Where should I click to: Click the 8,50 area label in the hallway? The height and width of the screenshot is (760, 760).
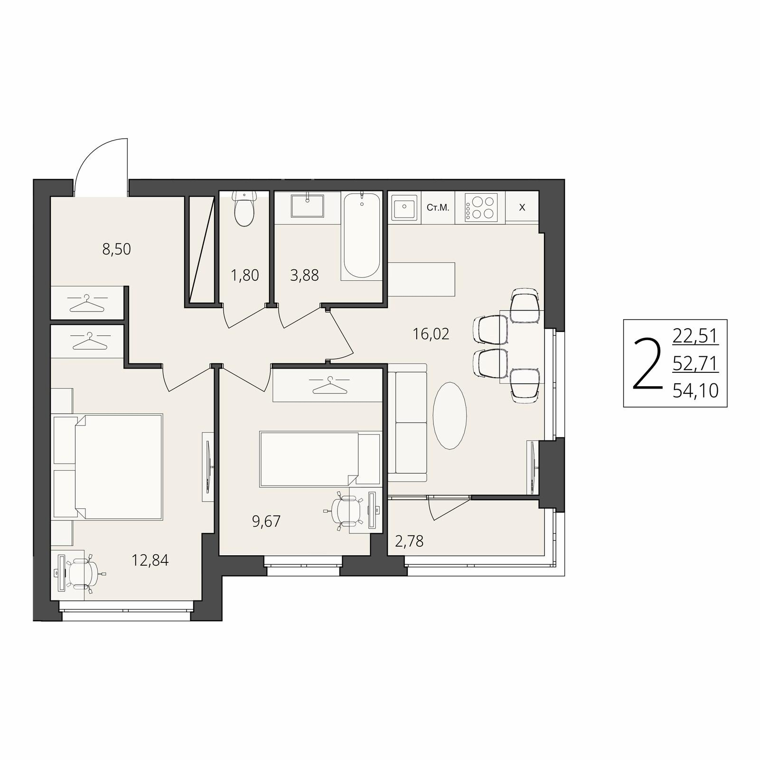117,249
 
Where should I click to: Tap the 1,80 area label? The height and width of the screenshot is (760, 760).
245,275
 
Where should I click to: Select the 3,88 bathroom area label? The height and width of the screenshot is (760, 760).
304,275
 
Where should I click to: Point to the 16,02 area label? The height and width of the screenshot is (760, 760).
431,334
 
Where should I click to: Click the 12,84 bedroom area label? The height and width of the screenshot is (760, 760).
150,560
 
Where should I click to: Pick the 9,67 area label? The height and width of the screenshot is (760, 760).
267,522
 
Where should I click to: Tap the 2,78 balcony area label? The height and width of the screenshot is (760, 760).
409,541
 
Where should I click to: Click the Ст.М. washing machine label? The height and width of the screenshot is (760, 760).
438,208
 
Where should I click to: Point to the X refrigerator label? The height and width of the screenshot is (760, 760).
522,208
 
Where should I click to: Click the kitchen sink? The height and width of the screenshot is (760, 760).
404,207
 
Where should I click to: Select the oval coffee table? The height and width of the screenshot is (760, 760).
450,416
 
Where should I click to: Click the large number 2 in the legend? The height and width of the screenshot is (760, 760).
647,364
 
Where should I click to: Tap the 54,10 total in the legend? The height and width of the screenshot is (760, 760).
695,391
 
